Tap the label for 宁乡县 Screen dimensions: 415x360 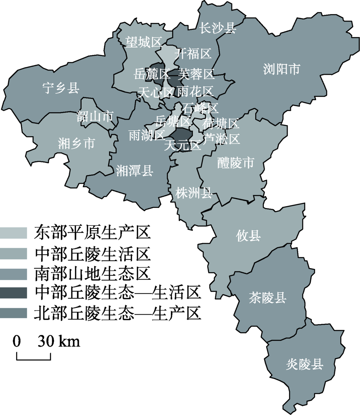60,88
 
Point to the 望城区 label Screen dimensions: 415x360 143,42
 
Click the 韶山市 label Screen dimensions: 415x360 95,116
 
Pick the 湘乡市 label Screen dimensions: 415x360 76,144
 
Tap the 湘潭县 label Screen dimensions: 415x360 135,171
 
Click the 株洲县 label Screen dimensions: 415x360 193,193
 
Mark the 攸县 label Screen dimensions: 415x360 248,236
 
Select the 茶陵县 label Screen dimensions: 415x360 267,298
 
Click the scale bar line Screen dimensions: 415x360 33,359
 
